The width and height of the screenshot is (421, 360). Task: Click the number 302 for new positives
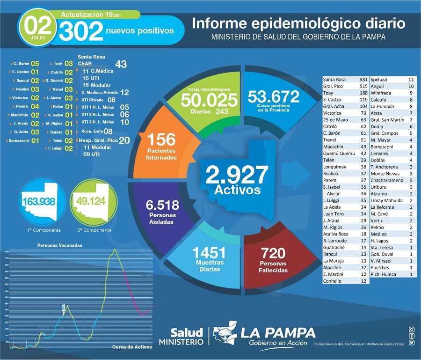click(x=81, y=31)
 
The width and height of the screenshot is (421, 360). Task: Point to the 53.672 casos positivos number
click(x=274, y=97)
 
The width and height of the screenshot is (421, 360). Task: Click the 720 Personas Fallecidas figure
click(x=274, y=253)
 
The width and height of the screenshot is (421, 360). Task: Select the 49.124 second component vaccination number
click(x=91, y=201)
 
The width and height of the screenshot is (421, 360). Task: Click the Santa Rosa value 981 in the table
click(x=363, y=80)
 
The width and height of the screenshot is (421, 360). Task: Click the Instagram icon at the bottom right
click(x=411, y=330)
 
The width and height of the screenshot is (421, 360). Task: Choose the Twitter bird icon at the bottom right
click(x=411, y=343)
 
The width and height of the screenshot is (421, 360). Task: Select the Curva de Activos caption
click(x=132, y=347)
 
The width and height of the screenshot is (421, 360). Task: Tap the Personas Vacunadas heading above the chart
click(x=60, y=245)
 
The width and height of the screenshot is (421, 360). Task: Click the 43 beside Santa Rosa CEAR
click(x=121, y=64)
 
